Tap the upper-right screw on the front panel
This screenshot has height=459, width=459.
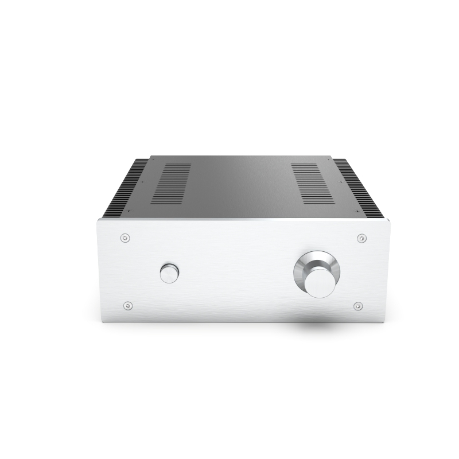click(x=361, y=237)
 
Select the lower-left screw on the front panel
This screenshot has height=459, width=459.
click(x=127, y=305)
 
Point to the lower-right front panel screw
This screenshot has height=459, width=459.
click(x=358, y=305)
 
